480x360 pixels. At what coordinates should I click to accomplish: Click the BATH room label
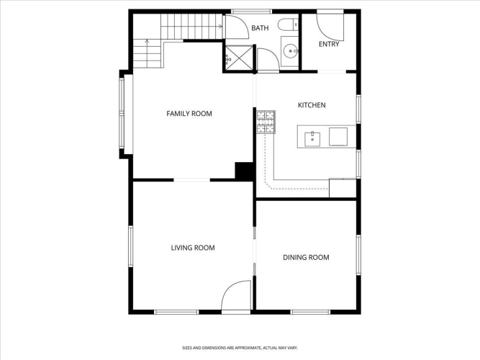(x=260, y=28)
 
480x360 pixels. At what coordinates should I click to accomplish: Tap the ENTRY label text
(x=329, y=44)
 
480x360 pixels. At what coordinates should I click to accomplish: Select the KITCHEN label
(x=312, y=105)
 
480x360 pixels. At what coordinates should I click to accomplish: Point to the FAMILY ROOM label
(x=189, y=114)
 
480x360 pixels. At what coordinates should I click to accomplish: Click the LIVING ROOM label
(x=193, y=248)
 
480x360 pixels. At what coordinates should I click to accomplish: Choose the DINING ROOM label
(x=306, y=257)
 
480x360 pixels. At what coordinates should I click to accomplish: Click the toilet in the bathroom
(x=288, y=24)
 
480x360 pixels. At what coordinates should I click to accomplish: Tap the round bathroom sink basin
(x=289, y=51)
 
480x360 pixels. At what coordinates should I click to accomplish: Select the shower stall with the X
(x=239, y=58)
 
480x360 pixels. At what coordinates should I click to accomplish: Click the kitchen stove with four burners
(x=266, y=122)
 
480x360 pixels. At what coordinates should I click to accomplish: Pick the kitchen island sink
(x=312, y=140)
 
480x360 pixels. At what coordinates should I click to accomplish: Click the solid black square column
(x=244, y=171)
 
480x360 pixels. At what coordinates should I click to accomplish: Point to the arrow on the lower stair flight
(x=148, y=53)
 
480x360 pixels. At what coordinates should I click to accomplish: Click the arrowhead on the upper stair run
(x=221, y=27)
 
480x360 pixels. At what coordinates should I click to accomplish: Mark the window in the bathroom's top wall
(x=251, y=12)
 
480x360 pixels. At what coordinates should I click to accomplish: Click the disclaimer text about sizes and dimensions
(x=240, y=348)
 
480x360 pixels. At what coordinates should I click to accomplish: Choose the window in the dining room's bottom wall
(x=310, y=312)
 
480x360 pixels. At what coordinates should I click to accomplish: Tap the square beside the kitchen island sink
(x=338, y=137)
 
